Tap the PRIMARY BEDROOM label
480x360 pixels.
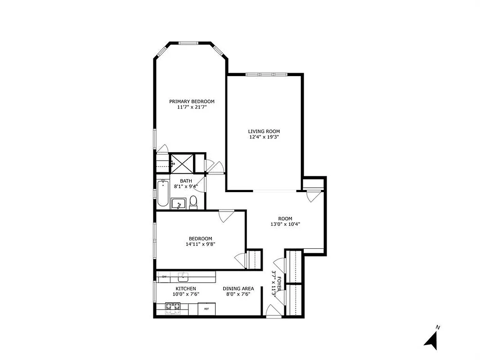(x=192, y=101)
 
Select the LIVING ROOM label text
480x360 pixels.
(x=264, y=131)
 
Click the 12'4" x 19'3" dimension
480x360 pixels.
(x=264, y=137)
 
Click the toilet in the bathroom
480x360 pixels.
(x=193, y=202)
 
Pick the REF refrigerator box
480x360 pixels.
(x=207, y=309)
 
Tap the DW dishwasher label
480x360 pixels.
(x=164, y=276)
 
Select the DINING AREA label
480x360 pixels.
(x=238, y=288)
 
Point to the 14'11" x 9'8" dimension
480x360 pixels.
(x=200, y=244)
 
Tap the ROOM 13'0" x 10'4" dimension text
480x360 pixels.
(x=285, y=224)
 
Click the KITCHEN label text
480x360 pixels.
(x=185, y=288)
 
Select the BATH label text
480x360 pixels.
(x=186, y=181)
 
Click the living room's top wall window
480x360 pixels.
(x=266, y=74)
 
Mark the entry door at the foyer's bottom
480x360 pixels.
(x=272, y=311)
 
